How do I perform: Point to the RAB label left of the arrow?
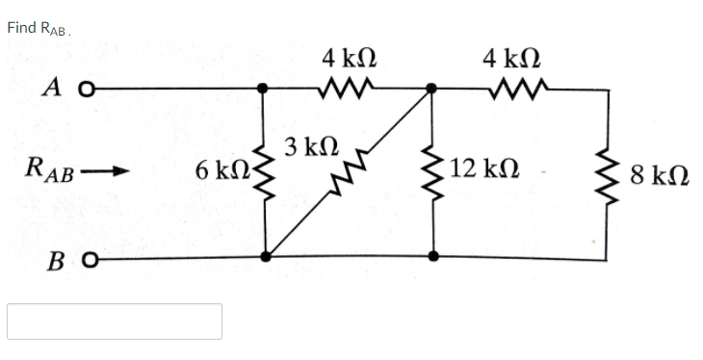(47, 174)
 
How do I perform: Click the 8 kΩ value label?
(659, 176)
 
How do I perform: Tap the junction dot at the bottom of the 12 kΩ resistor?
(433, 257)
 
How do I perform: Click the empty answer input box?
(115, 321)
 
